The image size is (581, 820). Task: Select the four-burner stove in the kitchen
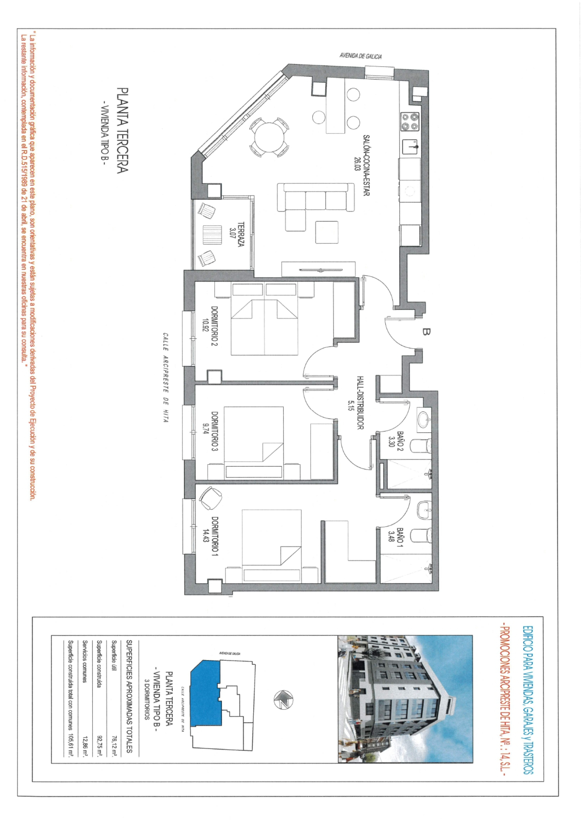coord(410,122)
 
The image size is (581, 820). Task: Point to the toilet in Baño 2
coord(421,446)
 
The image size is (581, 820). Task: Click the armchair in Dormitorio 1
coord(210,498)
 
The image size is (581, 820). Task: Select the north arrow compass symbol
coord(283,699)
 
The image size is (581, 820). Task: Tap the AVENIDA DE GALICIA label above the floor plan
coord(361,56)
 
